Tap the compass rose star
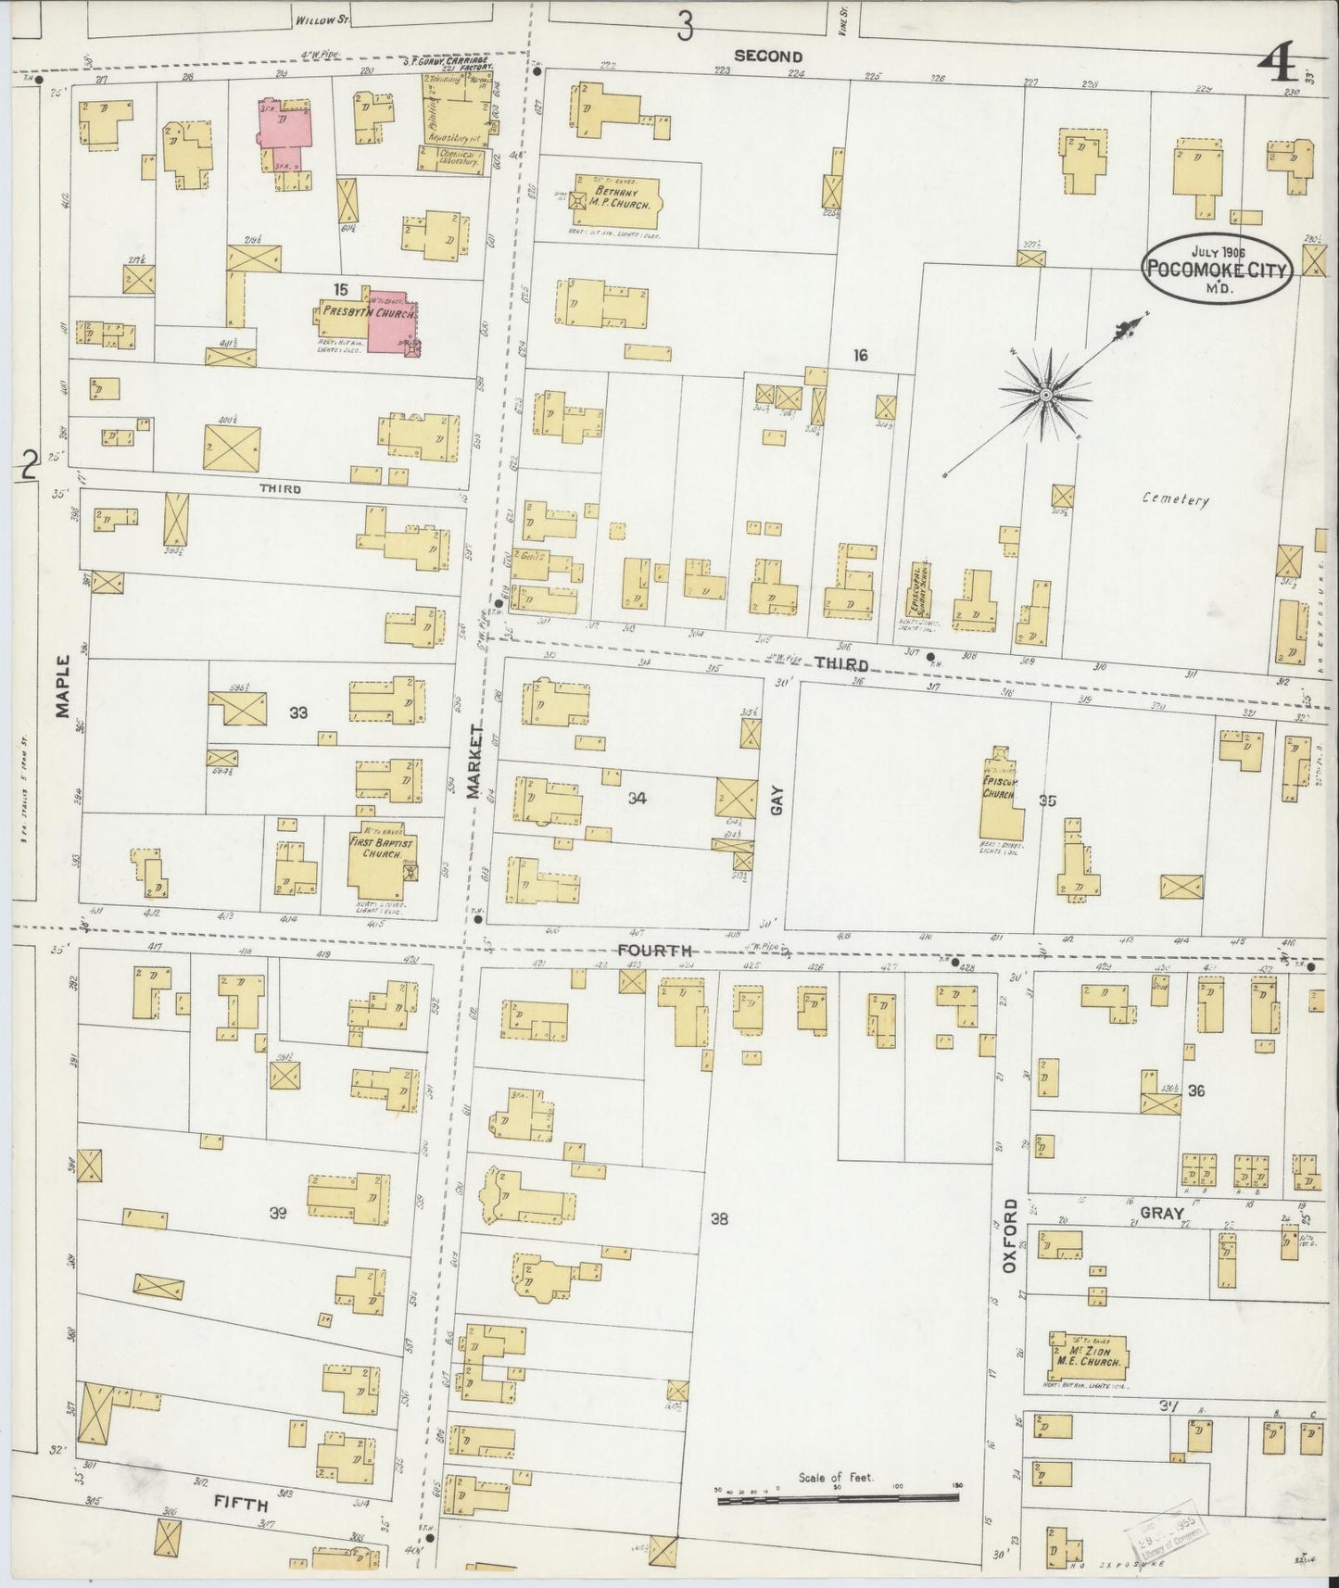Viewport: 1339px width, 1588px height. point(1045,396)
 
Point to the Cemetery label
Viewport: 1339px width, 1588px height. point(1175,499)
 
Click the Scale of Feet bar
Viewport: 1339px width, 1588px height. point(837,1497)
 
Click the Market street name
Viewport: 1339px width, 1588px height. point(475,762)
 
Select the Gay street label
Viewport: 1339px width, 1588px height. point(777,800)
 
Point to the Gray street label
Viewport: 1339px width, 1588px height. point(1161,1213)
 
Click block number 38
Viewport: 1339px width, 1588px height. point(719,1219)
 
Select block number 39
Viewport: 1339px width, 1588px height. point(277,1215)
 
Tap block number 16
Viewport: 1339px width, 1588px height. point(860,355)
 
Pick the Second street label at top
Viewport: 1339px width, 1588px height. point(767,56)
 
